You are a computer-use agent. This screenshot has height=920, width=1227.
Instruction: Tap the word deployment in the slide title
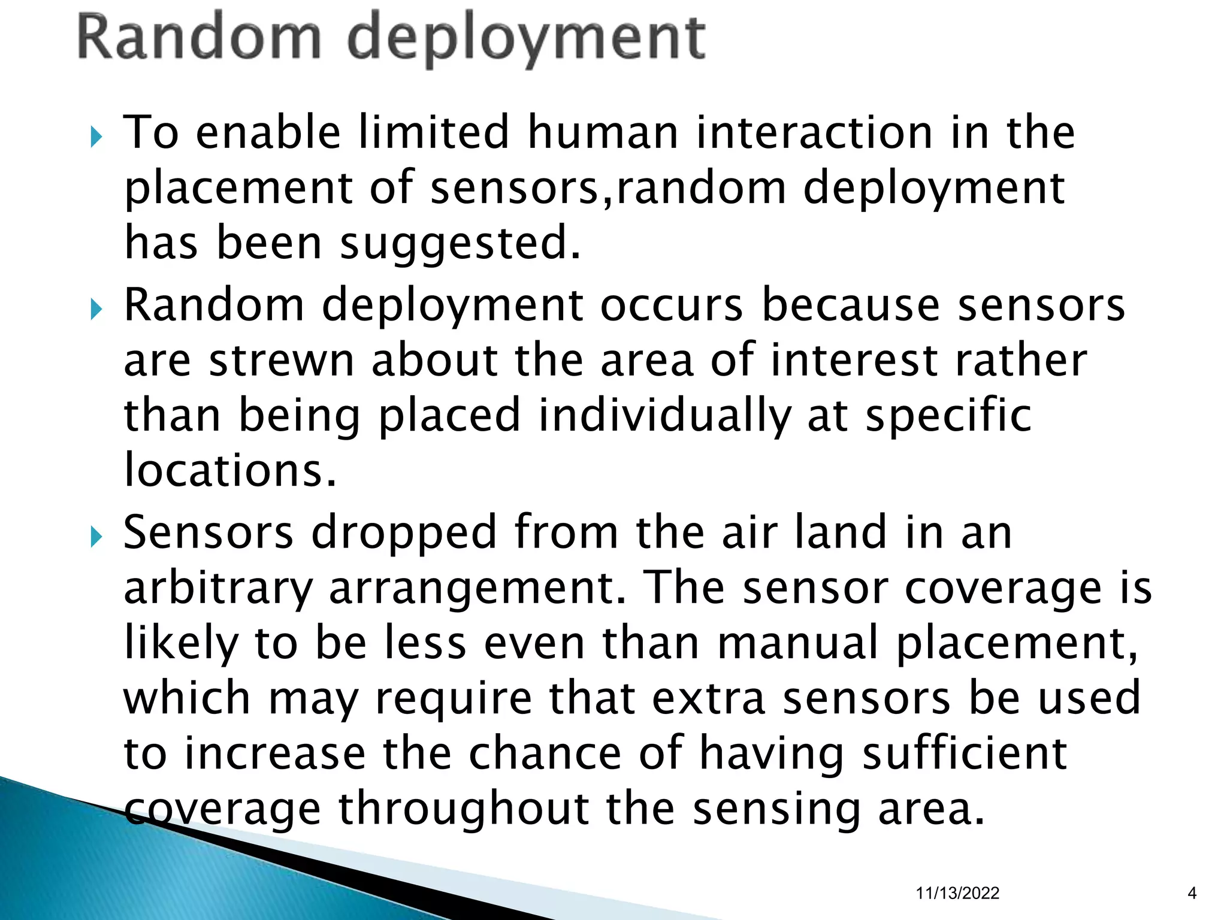[526, 40]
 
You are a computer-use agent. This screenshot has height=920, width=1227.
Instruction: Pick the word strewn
[282, 361]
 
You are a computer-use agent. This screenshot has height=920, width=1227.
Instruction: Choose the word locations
[230, 470]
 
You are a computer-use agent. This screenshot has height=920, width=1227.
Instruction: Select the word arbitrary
[218, 588]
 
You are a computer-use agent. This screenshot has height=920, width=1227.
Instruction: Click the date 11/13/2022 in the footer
[957, 893]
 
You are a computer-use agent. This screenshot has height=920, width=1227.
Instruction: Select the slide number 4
[1192, 893]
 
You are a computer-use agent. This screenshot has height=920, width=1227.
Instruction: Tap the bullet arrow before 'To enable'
[96, 137]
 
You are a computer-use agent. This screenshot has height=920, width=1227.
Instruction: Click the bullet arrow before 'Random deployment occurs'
[96, 310]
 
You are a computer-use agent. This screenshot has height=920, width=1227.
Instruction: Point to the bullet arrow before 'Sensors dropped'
[96, 537]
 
